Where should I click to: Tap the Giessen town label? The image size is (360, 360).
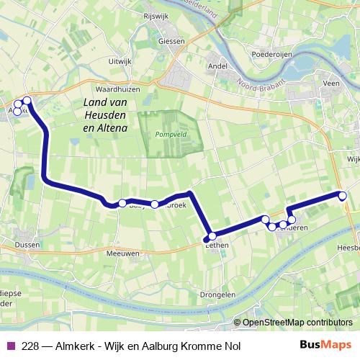coord(172,41)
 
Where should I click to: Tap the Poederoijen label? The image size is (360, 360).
coord(271,54)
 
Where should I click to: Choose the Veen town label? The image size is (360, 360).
coord(331,84)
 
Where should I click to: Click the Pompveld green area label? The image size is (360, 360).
coord(170,134)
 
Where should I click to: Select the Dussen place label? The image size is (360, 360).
coord(27,244)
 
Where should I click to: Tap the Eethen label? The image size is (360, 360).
coord(217,246)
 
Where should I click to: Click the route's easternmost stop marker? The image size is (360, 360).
coord(343,195)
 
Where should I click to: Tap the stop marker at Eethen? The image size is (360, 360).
coord(212,235)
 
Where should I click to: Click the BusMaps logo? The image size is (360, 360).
coord(325,344)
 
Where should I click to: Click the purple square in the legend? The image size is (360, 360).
coord(10,345)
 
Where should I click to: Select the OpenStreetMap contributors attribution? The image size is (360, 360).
coord(297,323)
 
